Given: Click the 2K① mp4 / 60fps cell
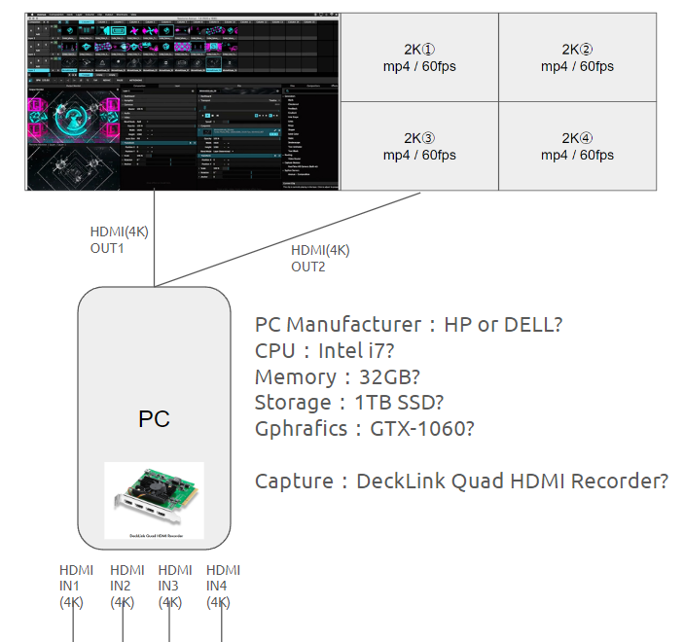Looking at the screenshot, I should (419, 57).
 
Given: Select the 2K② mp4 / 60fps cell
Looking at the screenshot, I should (577, 57).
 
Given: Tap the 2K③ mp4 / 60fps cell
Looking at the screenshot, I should (419, 147).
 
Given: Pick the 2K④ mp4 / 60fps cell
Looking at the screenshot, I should (577, 147).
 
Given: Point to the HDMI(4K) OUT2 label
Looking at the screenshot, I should (320, 258).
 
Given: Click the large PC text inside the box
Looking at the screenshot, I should (154, 419).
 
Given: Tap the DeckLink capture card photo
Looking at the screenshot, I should (154, 500).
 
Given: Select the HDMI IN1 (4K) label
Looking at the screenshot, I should (76, 586).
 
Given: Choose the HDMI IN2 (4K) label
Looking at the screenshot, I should (126, 586).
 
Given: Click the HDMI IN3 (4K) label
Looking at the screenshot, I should (175, 586).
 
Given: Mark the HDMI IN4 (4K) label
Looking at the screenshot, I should (223, 586).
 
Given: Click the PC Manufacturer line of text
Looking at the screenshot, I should (408, 325).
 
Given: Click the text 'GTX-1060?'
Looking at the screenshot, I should (422, 429).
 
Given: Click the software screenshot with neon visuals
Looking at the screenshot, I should (182, 100).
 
